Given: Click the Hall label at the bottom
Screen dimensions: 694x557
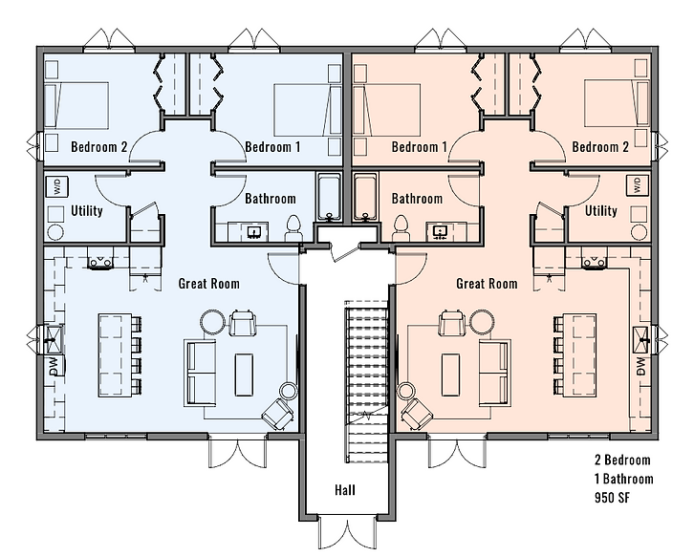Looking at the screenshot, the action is (x=345, y=490).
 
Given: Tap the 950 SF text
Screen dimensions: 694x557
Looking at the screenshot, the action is (x=612, y=498).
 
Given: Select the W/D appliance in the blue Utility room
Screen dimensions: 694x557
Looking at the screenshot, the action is (x=57, y=186).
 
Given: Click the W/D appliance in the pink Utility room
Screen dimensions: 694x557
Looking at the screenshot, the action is (x=638, y=185).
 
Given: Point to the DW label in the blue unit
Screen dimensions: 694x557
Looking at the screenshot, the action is (x=54, y=367).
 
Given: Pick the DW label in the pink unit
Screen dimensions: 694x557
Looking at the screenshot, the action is (x=640, y=367).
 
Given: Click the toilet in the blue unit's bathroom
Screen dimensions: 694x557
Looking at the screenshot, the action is (x=293, y=227).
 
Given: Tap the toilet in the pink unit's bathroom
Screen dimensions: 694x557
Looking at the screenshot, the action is (x=401, y=227).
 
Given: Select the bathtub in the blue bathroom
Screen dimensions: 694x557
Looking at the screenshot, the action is (x=329, y=197).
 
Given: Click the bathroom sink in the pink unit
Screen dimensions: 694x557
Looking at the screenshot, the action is (x=440, y=231).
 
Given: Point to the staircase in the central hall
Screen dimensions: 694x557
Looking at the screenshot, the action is (x=366, y=381).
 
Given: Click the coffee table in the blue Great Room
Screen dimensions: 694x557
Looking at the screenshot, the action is (x=244, y=375).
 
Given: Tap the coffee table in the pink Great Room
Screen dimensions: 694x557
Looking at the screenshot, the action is (x=450, y=375).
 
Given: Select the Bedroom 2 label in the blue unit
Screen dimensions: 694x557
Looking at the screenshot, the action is (x=99, y=146).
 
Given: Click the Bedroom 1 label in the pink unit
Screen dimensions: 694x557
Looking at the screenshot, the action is (x=419, y=146).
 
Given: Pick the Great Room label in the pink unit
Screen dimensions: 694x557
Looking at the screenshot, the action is (x=487, y=283).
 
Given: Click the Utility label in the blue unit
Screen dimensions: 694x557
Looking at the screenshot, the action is (x=87, y=210).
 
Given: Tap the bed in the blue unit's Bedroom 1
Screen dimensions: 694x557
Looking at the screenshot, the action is (x=308, y=110).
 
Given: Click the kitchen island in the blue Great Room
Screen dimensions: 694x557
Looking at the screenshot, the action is (x=115, y=355).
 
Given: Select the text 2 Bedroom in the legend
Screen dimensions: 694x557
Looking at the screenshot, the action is (x=622, y=460).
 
